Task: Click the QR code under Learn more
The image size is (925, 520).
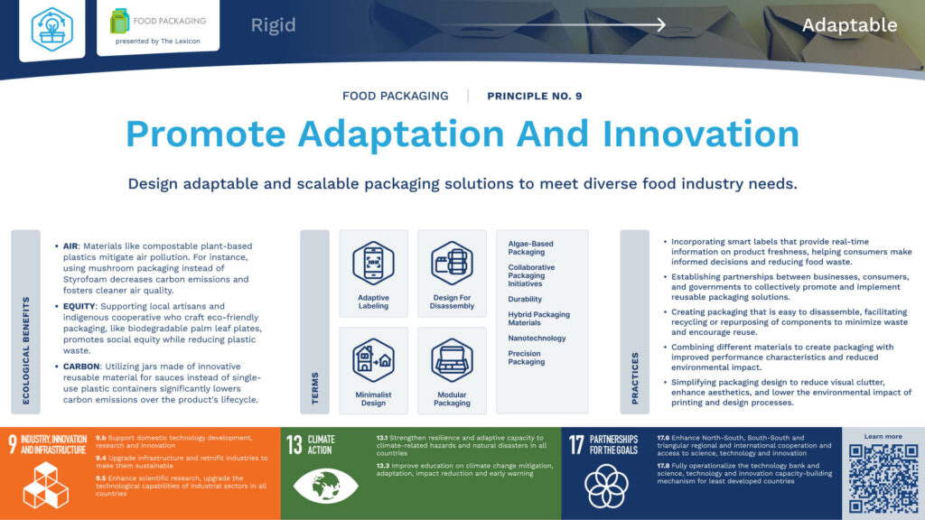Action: click(883, 478)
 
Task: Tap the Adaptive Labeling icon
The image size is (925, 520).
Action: click(373, 264)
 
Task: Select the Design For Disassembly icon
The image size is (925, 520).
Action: click(452, 264)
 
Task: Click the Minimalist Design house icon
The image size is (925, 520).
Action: click(373, 360)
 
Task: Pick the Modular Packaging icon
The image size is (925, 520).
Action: click(452, 360)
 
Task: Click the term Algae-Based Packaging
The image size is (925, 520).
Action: click(531, 248)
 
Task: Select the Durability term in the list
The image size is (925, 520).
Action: click(525, 299)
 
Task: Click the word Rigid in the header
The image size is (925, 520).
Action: click(273, 24)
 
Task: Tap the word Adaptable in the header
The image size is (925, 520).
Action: click(849, 24)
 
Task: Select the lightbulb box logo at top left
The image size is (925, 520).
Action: click(51, 29)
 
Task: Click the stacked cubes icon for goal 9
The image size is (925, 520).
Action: click(45, 485)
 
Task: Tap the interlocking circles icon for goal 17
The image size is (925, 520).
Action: click(607, 486)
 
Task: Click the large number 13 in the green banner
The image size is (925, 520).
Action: click(294, 443)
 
